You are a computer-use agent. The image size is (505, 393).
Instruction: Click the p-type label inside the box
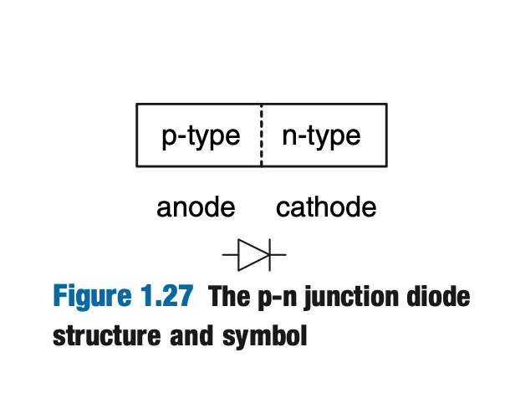(x=201, y=136)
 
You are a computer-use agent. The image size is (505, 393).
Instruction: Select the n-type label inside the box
(x=321, y=135)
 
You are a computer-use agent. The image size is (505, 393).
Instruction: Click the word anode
(x=196, y=207)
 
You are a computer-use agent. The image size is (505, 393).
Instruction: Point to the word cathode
(x=326, y=207)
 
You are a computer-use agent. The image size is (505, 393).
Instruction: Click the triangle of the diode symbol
(x=252, y=254)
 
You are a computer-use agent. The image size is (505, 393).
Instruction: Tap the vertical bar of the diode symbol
(x=269, y=254)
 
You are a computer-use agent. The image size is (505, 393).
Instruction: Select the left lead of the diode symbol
(x=230, y=254)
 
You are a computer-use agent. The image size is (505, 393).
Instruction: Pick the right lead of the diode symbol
(x=278, y=254)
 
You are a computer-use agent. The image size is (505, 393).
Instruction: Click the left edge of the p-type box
(x=137, y=135)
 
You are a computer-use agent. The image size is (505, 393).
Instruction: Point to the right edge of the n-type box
(x=386, y=135)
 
